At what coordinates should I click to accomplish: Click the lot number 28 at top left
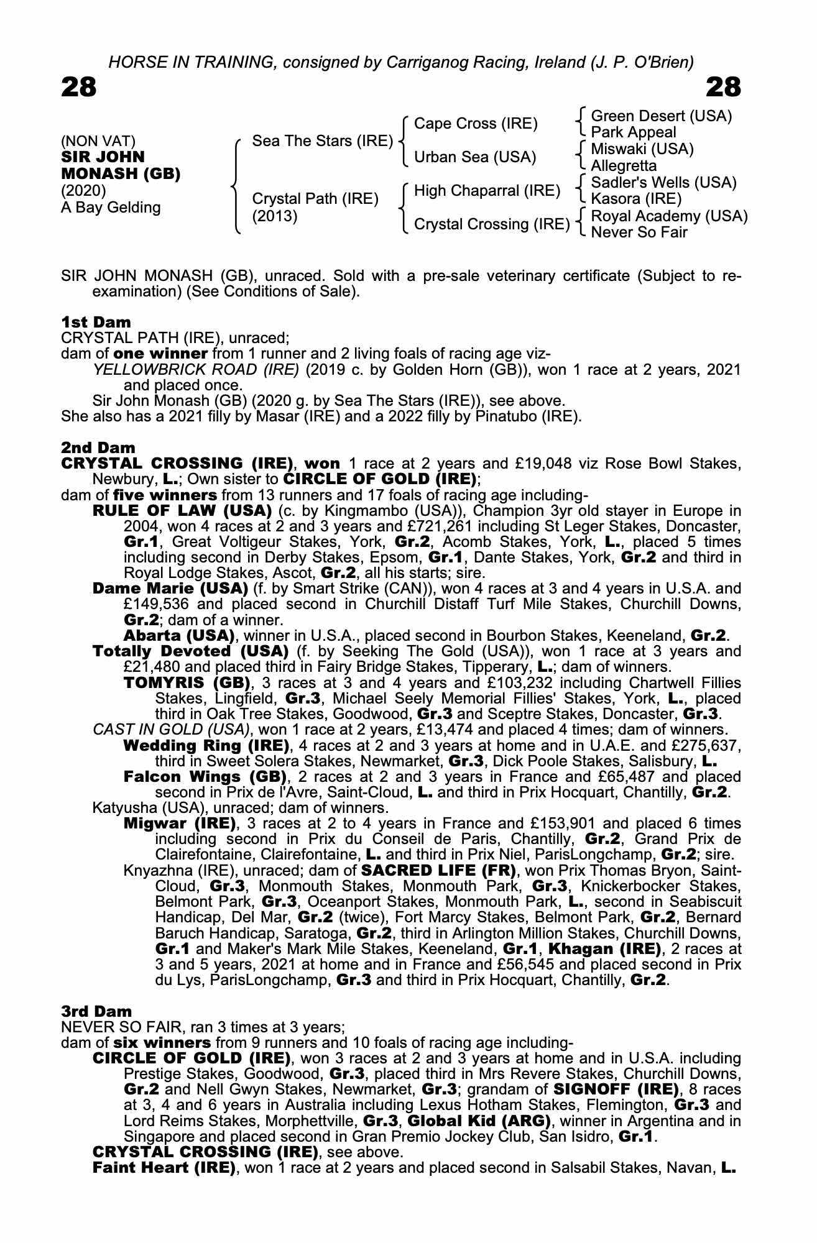79,88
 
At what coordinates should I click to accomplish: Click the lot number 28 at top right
724,88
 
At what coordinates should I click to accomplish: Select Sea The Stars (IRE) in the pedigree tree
322,141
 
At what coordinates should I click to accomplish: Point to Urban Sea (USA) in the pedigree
474,157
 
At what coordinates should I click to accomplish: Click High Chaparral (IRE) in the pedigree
487,191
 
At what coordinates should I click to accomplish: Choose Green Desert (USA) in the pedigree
661,116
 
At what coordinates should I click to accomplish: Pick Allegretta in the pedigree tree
624,166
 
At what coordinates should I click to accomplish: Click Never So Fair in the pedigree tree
639,232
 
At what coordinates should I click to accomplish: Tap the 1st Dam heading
96,322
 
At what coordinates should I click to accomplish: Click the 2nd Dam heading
98,447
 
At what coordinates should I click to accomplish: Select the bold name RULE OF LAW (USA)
182,511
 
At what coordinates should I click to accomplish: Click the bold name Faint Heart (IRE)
164,1168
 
